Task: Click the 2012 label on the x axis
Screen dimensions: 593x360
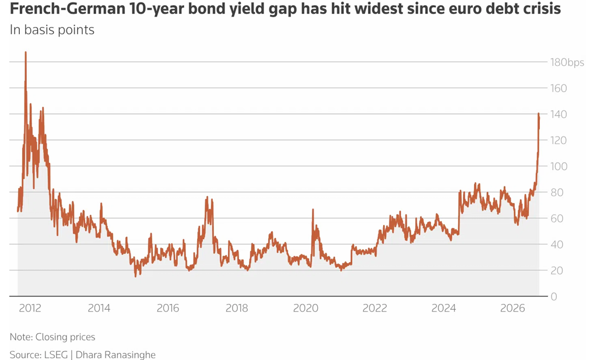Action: (x=30, y=308)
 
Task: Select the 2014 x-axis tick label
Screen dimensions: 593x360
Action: (x=99, y=308)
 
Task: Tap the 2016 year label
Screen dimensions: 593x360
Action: (x=168, y=308)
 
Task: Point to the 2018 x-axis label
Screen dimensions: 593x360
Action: (x=237, y=308)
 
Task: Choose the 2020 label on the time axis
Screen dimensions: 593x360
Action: (x=306, y=308)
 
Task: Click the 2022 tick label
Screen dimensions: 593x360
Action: (x=375, y=308)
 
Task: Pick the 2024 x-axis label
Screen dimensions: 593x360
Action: (x=444, y=308)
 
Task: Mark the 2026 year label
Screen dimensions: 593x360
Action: (x=513, y=308)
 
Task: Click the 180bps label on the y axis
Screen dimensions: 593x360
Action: (x=567, y=62)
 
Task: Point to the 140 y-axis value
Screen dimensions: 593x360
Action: (x=559, y=114)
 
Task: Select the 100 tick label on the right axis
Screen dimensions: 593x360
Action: (x=559, y=166)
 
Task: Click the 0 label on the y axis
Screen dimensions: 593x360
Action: (x=554, y=296)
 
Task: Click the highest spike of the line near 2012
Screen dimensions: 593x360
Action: (x=26, y=53)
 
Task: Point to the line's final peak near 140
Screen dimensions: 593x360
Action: (x=539, y=114)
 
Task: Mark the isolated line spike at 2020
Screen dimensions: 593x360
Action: (x=313, y=209)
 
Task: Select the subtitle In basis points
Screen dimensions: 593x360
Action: (x=52, y=30)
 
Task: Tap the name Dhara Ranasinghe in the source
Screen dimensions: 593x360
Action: (x=115, y=355)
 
